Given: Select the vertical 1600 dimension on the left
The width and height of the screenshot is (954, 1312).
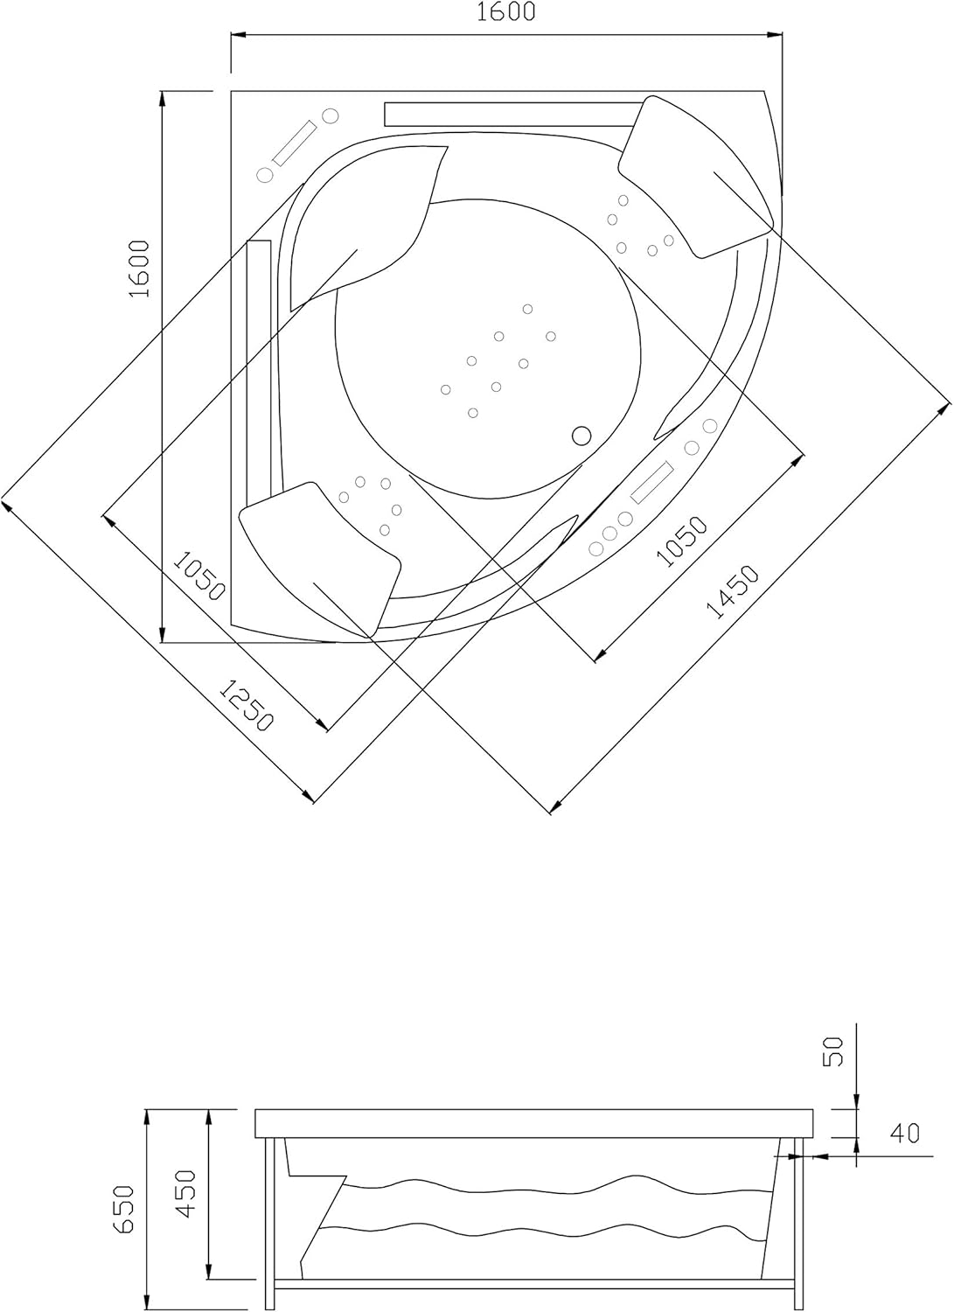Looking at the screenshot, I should [x=141, y=269].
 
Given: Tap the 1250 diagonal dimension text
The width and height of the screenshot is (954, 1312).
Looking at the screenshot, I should [x=247, y=706].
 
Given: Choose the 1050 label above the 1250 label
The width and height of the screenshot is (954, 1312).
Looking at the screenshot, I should [x=198, y=576].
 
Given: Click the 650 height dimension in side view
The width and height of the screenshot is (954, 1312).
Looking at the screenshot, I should [x=123, y=1209].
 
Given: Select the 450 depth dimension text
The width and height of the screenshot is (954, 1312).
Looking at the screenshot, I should [x=186, y=1193].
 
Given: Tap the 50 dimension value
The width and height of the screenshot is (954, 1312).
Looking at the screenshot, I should [x=834, y=1050].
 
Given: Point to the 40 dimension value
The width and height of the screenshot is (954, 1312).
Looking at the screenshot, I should [x=904, y=1134].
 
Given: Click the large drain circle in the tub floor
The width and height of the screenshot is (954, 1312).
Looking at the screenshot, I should [x=581, y=435].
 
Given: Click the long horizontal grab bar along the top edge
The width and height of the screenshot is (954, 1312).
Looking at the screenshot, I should [x=512, y=114].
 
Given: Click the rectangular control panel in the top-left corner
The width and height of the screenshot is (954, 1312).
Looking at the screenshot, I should [x=294, y=143].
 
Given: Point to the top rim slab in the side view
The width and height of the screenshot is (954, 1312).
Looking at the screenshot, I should [x=534, y=1123].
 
